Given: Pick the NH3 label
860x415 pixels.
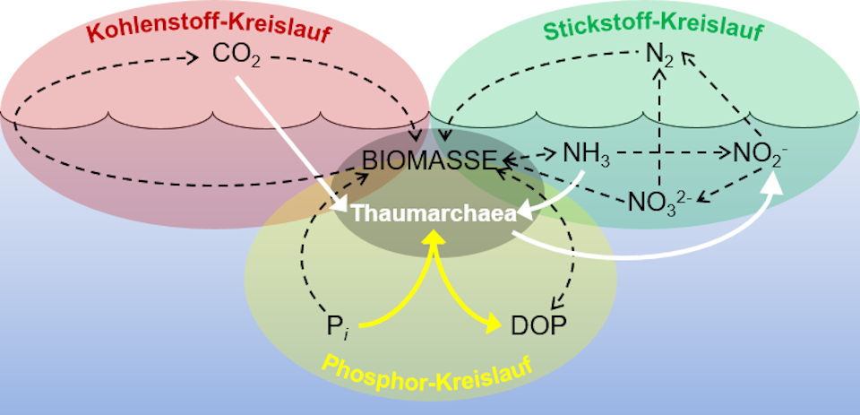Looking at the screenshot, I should pos(587,154).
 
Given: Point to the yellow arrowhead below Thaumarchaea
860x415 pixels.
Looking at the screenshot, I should pos(434,238).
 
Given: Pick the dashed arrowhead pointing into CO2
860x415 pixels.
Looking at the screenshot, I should pos(193,59).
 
